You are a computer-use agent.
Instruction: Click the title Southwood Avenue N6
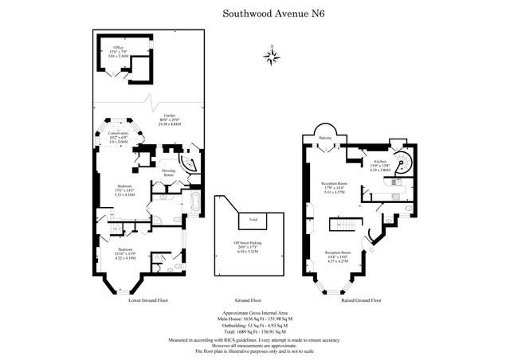pos(254,14)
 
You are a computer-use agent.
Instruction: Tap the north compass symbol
pos(272,56)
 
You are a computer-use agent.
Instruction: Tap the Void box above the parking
pos(253,218)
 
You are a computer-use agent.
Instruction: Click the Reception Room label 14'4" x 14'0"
pos(345,256)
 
